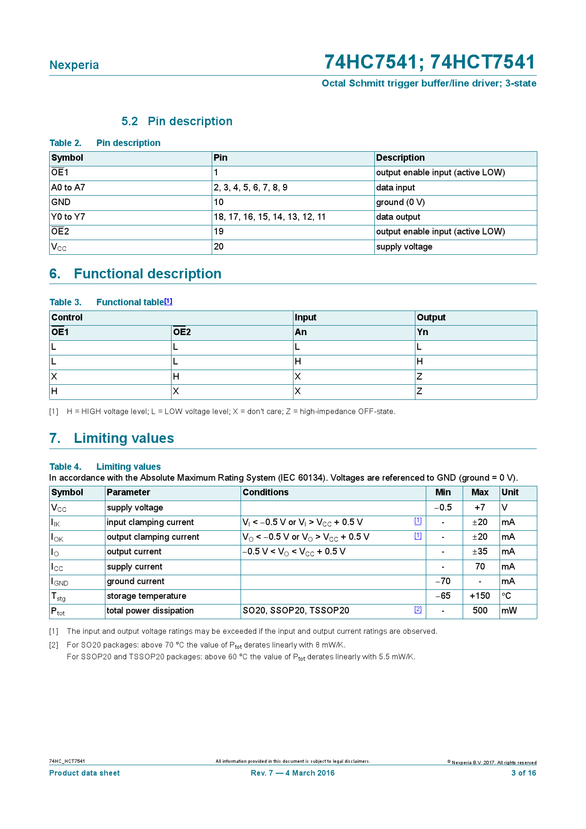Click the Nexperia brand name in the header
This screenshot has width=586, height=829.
(74, 65)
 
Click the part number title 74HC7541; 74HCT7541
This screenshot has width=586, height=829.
(430, 62)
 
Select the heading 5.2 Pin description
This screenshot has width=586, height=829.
(177, 121)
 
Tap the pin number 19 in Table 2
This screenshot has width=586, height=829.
(219, 232)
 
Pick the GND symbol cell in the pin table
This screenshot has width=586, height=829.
(61, 202)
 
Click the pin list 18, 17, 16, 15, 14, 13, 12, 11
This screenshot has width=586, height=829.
(269, 217)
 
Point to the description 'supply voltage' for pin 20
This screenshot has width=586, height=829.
(404, 247)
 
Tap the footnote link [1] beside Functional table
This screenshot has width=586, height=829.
(168, 301)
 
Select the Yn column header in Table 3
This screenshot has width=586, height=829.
(422, 332)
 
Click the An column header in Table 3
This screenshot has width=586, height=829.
(301, 332)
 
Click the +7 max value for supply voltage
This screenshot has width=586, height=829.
(480, 508)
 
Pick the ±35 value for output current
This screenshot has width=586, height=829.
(480, 552)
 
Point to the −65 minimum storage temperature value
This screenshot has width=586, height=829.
(443, 596)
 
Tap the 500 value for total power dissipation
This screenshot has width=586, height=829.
(480, 611)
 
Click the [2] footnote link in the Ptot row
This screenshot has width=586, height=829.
(418, 609)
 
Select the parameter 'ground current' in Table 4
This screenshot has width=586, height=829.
(136, 581)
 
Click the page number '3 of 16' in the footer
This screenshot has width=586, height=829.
(524, 773)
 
